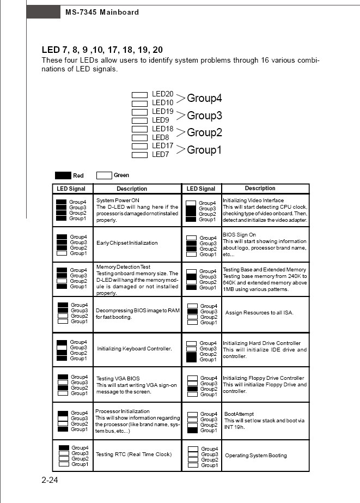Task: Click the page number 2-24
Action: pyautogui.click(x=50, y=480)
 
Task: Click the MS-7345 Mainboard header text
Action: pyautogui.click(x=102, y=12)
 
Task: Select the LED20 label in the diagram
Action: pyautogui.click(x=162, y=94)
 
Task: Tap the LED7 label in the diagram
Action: pyautogui.click(x=161, y=155)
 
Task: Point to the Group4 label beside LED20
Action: pyautogui.click(x=204, y=99)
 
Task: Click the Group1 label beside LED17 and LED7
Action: pyautogui.click(x=204, y=150)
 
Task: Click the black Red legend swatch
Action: pyautogui.click(x=63, y=175)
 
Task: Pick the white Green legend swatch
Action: pyautogui.click(x=104, y=175)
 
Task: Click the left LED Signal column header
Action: pyautogui.click(x=71, y=189)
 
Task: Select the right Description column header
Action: pyautogui.click(x=260, y=189)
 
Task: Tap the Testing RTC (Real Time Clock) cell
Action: pyautogui.click(x=133, y=454)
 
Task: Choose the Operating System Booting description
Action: pyautogui.click(x=255, y=456)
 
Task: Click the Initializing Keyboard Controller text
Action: pyautogui.click(x=134, y=348)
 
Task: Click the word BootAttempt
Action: pyautogui.click(x=239, y=414)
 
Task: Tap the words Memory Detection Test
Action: pyautogui.click(x=123, y=267)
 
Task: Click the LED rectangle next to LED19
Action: pyautogui.click(x=140, y=112)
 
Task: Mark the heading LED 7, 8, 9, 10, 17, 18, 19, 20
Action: pyautogui.click(x=102, y=50)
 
